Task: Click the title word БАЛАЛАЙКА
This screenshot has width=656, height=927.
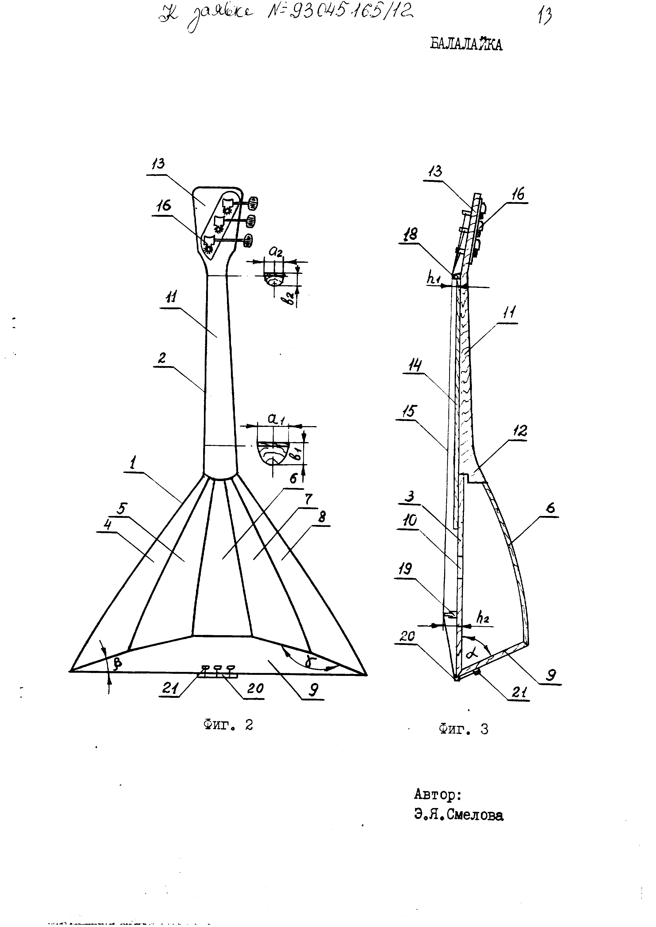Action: click(466, 44)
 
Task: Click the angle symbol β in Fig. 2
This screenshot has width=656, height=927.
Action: click(117, 662)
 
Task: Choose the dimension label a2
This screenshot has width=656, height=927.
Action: click(276, 252)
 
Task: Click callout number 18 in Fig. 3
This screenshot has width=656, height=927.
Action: click(411, 234)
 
